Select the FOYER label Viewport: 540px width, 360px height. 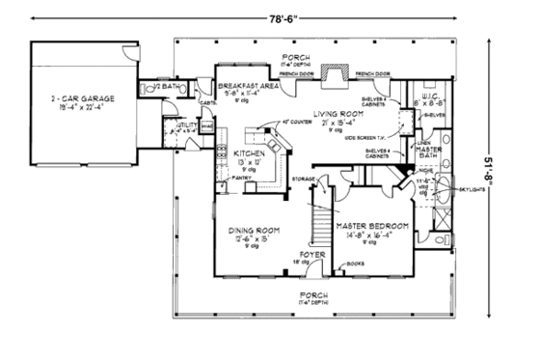(309, 254)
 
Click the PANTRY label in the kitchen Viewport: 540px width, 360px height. (243, 178)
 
